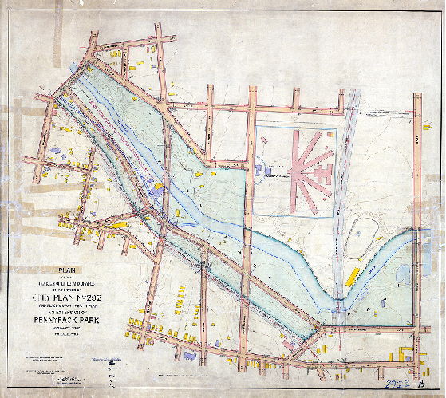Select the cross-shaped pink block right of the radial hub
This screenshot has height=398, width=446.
(323, 170)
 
